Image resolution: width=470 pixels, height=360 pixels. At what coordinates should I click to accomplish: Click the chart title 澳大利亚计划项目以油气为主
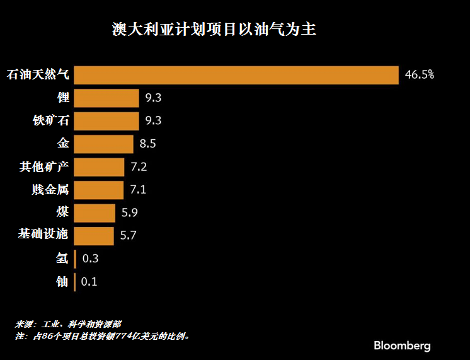pyautogui.click(x=214, y=30)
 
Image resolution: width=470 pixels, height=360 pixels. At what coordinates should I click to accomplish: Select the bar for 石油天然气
pyautogui.click(x=236, y=75)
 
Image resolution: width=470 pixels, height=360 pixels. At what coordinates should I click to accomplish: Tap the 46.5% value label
pyautogui.click(x=419, y=75)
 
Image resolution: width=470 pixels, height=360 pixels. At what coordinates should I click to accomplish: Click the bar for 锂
pyautogui.click(x=106, y=98)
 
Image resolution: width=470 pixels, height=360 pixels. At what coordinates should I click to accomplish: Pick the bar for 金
pyautogui.click(x=104, y=144)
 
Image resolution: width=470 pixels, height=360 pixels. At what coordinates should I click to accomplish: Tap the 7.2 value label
pyautogui.click(x=138, y=166)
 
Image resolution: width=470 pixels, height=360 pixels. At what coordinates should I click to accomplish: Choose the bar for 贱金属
pyautogui.click(x=99, y=189)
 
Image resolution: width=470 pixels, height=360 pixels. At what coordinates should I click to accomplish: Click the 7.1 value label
pyautogui.click(x=137, y=189)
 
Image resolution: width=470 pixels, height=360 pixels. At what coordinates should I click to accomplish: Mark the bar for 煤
pyautogui.click(x=95, y=212)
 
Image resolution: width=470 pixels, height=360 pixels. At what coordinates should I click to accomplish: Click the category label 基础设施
pyautogui.click(x=43, y=235)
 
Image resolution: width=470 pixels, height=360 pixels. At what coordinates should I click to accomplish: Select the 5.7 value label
pyautogui.click(x=128, y=235)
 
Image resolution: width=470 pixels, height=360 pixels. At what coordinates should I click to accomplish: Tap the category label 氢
pyautogui.click(x=62, y=258)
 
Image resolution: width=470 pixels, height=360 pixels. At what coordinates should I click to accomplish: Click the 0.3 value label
pyautogui.click(x=90, y=258)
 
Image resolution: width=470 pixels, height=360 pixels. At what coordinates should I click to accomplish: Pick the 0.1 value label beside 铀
pyautogui.click(x=89, y=281)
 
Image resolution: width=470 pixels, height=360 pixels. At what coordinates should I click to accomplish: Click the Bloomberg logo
pyautogui.click(x=402, y=345)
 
